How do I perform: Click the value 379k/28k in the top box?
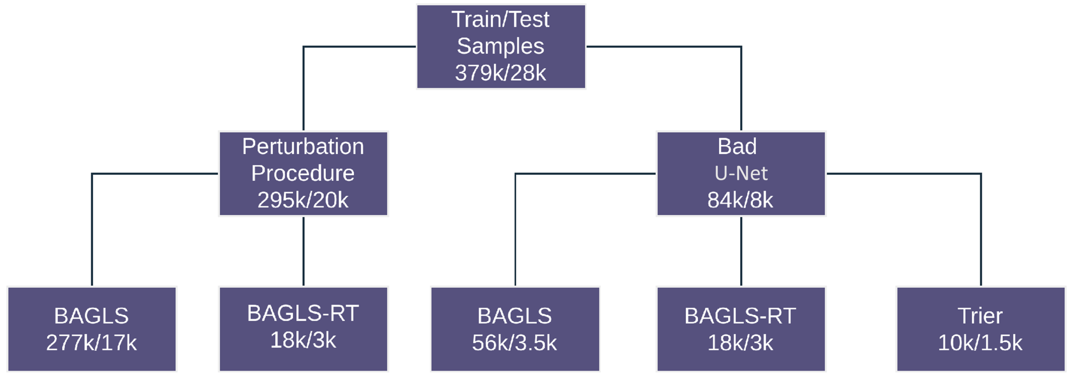500,73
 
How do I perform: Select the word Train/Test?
500,20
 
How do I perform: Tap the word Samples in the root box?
500,46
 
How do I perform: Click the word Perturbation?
303,147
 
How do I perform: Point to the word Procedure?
303,173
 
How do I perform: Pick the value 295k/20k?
303,200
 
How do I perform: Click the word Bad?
737,147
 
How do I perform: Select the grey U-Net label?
741,173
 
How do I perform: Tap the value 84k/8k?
740,200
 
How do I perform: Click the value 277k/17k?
91,343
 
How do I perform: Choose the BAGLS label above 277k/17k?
91,316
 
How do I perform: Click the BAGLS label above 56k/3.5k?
515,316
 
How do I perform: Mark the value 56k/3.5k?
515,343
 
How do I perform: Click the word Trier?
980,316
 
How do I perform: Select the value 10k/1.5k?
980,343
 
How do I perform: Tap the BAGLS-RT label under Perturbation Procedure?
303,313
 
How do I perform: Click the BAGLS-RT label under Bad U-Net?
740,316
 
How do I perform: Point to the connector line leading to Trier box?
981,228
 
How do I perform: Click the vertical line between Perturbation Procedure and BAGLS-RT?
303,251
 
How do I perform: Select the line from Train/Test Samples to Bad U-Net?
741,87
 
